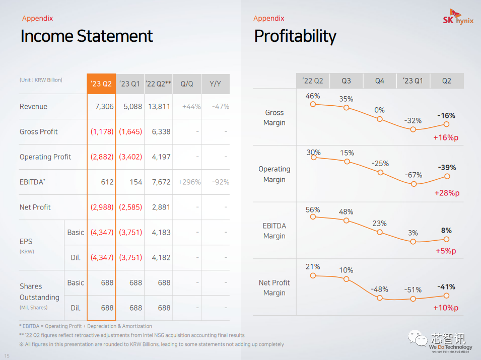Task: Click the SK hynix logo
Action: click(x=457, y=18)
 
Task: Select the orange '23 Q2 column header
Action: click(x=101, y=84)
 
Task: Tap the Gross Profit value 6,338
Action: click(x=161, y=132)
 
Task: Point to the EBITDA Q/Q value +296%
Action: click(x=189, y=182)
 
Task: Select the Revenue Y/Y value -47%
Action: click(x=221, y=107)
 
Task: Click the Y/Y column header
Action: click(x=215, y=84)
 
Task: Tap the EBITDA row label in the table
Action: click(x=32, y=182)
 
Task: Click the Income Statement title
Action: click(x=87, y=36)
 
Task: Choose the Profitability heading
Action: click(x=295, y=36)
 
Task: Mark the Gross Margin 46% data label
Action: click(x=313, y=96)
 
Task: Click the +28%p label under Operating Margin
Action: click(x=447, y=193)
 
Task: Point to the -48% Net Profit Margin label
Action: click(x=379, y=290)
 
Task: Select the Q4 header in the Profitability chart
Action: click(x=380, y=81)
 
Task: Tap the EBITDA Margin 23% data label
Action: click(x=379, y=224)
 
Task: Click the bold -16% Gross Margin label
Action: click(x=446, y=116)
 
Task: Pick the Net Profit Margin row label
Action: click(x=274, y=287)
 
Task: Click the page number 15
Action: click(x=7, y=356)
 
